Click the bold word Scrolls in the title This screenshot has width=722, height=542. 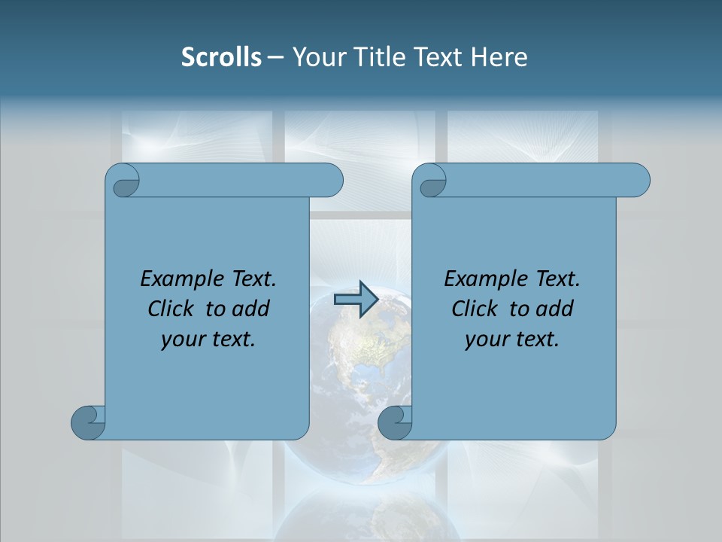coord(221,57)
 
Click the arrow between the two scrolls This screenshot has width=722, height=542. coord(355,300)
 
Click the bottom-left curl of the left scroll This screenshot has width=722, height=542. coord(88,422)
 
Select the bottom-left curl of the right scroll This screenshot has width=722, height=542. coord(395,422)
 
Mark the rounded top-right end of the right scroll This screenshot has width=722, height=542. coord(636,180)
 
